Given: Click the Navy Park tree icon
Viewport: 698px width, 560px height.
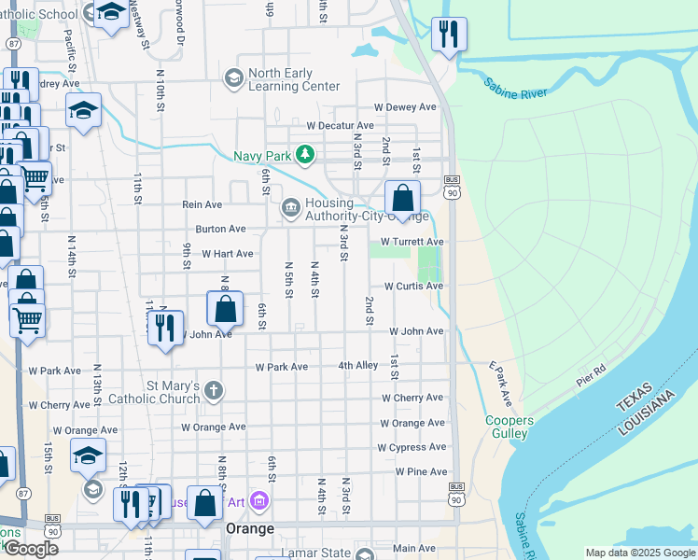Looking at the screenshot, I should [303, 154].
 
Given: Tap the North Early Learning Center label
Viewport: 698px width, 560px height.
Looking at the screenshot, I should [294, 80].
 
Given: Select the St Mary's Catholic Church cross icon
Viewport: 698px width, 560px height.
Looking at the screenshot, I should [215, 390].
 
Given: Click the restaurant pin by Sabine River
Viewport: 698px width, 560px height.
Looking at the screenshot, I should [449, 35].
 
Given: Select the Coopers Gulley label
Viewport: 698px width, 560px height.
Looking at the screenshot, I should [509, 427].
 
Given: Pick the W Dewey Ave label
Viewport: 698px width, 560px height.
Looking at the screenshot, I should [405, 107].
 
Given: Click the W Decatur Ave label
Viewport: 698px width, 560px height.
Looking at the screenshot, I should [341, 125].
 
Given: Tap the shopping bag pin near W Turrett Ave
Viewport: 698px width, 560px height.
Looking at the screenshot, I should [402, 198].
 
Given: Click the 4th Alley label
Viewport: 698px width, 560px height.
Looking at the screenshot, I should [358, 366].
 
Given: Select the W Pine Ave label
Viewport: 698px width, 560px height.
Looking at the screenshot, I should [421, 472].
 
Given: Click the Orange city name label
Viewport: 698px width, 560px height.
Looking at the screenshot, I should [250, 528].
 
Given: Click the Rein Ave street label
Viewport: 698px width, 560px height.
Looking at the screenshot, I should [202, 204].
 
